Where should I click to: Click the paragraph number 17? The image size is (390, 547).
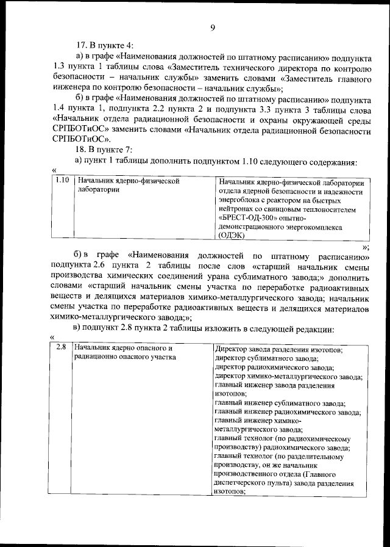coord(80,46)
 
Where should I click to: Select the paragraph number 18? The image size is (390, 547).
coord(80,150)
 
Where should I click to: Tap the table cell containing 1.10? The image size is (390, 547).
coord(61,181)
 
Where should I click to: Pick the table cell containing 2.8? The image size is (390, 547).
coord(60,348)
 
